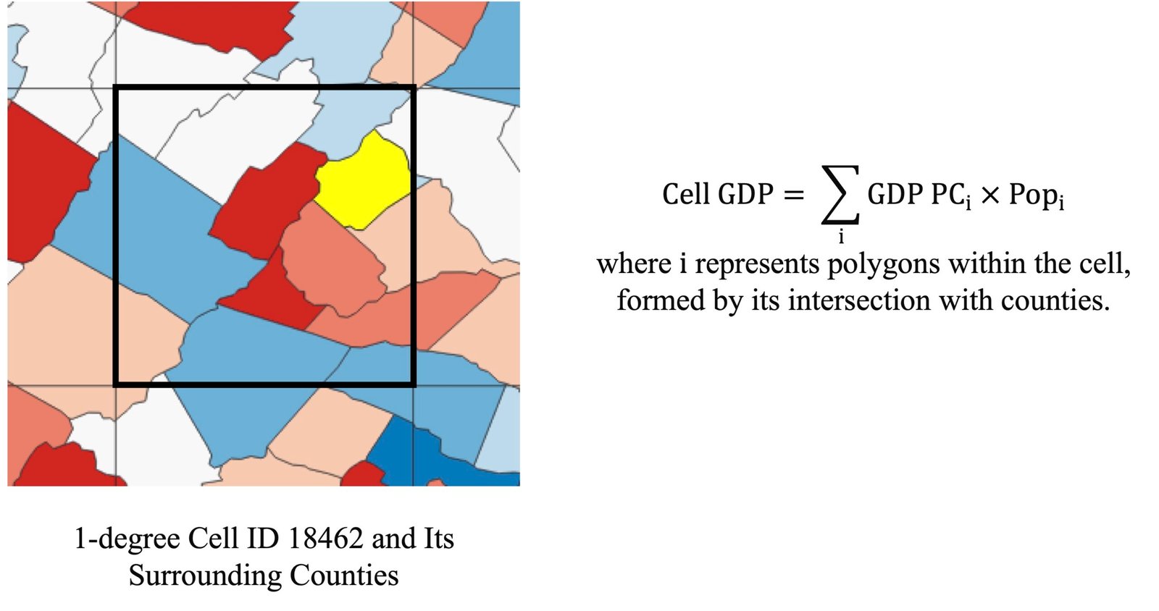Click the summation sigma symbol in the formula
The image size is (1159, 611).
pos(840,195)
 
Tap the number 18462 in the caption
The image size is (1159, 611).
pos(325,539)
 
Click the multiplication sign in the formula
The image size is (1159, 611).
pos(990,195)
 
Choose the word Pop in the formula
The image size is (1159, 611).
pos(1032,195)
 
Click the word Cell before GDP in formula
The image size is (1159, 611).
pos(685,195)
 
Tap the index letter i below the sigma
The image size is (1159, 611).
pos(841,237)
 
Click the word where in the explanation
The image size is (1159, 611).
pos(634,264)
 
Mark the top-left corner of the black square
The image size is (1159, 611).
pos(116,88)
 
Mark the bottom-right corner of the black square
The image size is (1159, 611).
pos(413,384)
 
